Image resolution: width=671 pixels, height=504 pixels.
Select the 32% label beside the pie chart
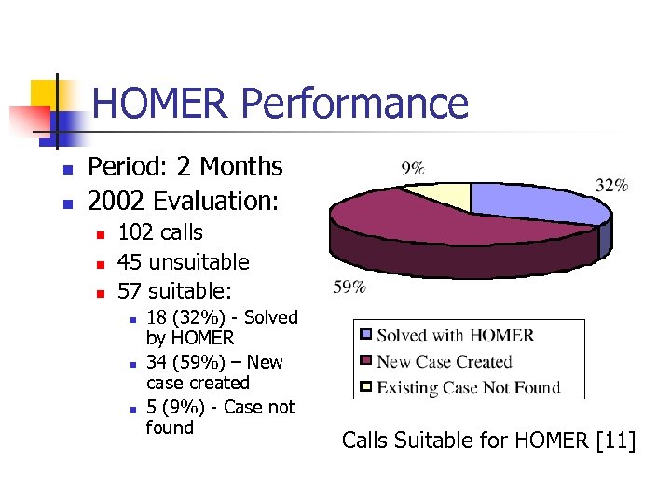[611, 185]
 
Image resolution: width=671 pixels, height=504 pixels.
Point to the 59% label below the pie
[349, 287]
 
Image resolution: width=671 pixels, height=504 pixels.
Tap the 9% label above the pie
[413, 168]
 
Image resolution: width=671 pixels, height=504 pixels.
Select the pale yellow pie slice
[439, 195]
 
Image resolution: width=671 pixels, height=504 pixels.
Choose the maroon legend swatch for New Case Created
[366, 361]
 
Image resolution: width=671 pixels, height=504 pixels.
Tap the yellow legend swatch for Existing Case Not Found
[366, 386]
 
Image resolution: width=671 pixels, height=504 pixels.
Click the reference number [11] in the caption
[615, 440]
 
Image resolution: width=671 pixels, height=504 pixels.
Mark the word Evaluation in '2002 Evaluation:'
[217, 201]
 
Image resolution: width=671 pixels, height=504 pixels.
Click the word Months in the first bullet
[239, 167]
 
